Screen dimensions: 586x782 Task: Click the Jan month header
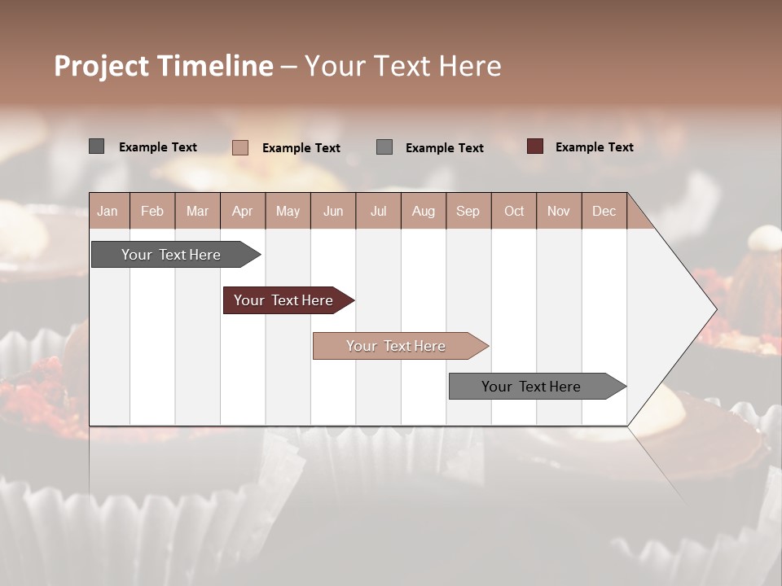[x=108, y=211]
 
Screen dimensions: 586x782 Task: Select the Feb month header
[x=152, y=211]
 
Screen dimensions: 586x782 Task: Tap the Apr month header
[x=242, y=211]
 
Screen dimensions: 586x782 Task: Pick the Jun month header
[x=333, y=211]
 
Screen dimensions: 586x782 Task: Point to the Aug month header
[x=423, y=211]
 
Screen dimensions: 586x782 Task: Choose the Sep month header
[x=468, y=211]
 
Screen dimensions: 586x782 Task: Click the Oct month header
[x=514, y=211]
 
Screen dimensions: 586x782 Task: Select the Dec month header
[x=604, y=211]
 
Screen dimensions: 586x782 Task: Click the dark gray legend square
[x=97, y=146]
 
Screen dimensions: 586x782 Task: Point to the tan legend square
[x=240, y=147]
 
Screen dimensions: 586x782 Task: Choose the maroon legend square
[x=535, y=146]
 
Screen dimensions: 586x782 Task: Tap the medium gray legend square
[x=384, y=147]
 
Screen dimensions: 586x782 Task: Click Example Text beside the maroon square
[x=594, y=147]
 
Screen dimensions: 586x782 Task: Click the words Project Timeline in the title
[x=163, y=66]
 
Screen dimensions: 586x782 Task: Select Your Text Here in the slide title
[x=402, y=66]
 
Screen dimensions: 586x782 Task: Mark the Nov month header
[x=559, y=211]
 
